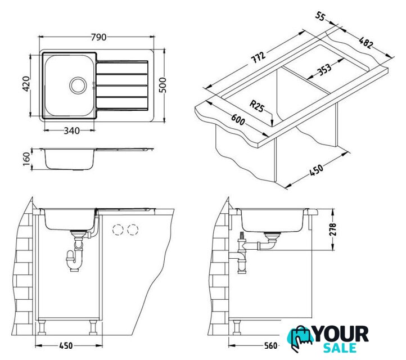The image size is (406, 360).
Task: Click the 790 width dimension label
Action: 98,37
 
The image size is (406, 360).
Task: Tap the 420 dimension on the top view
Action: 26,84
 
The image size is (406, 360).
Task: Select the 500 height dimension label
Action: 163,85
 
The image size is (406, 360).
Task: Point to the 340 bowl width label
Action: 72,131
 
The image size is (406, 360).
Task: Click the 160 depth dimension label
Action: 26,159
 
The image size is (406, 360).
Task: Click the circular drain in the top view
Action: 78,85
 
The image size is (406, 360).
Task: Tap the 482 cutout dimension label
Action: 366,42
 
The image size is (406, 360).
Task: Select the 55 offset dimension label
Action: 321,16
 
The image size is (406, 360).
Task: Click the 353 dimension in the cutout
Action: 324,69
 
